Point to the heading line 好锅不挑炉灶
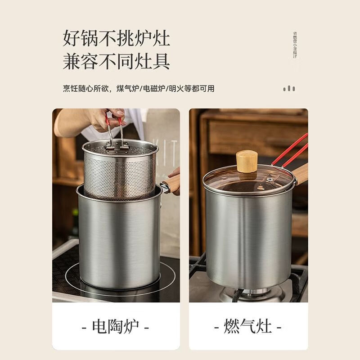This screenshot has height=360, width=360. coord(116,38)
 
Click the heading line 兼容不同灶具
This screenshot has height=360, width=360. coord(116,61)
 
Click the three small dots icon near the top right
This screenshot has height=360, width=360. coord(289,89)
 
